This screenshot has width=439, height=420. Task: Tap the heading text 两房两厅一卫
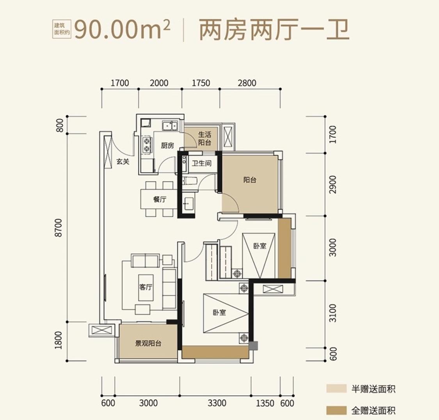274,30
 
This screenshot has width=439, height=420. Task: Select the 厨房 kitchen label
167,146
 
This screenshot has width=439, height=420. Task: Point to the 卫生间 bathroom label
201,163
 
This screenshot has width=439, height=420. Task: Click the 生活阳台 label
204,139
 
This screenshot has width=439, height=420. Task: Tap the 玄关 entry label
123,162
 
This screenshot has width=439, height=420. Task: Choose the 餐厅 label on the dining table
160,199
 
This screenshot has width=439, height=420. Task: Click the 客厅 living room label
146,287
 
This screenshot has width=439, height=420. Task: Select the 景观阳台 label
148,344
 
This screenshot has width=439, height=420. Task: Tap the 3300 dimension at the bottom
217,403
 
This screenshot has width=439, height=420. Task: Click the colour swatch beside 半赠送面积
337,389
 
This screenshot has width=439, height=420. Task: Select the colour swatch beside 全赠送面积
337,410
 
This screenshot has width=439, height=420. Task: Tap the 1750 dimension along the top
201,83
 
